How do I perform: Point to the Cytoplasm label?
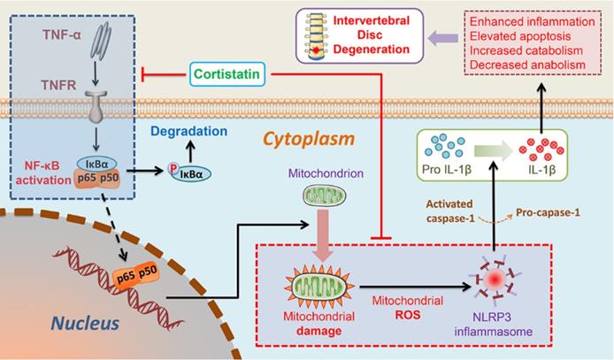point(305,140)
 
